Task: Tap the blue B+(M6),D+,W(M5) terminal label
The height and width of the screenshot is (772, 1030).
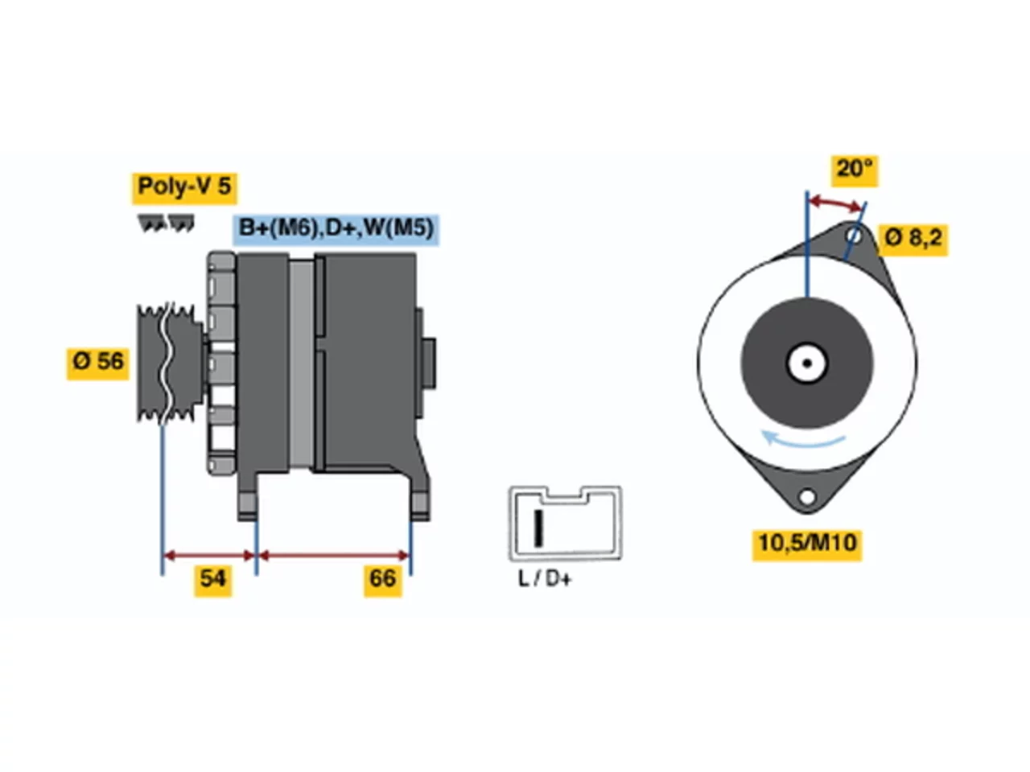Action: (x=336, y=229)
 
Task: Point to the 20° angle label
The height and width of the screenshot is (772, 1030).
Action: (x=855, y=170)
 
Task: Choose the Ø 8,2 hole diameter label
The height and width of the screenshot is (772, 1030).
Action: (x=913, y=240)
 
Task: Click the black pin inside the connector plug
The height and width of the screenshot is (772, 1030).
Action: (x=538, y=528)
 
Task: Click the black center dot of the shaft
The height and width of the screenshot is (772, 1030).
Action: (x=807, y=363)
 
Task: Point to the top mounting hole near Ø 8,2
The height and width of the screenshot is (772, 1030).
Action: (x=855, y=236)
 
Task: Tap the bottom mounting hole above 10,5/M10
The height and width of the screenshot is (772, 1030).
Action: (x=807, y=496)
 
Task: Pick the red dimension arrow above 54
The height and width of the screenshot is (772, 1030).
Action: (x=209, y=556)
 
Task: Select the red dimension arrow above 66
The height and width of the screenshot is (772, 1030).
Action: (x=334, y=556)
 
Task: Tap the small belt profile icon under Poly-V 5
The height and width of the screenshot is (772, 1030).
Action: (x=166, y=223)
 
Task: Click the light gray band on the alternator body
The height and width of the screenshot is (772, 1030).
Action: (x=301, y=363)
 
